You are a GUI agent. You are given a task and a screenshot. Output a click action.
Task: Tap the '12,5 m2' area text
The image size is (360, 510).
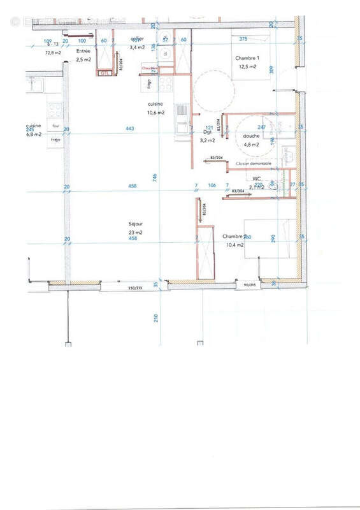[x=247, y=66]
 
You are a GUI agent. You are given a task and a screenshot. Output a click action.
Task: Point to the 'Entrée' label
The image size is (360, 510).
[x=83, y=51]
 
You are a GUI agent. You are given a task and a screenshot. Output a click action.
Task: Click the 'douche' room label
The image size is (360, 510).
[x=251, y=135]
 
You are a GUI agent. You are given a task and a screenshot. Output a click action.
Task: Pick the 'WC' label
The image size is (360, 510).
[x=257, y=179]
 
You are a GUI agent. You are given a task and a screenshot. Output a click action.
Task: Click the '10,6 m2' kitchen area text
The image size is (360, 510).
[x=155, y=112]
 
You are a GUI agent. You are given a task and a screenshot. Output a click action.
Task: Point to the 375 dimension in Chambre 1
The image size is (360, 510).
[x=243, y=39]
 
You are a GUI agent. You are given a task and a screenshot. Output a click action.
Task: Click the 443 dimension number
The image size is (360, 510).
[x=130, y=129]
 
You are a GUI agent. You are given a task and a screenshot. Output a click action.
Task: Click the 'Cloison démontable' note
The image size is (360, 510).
[x=253, y=164]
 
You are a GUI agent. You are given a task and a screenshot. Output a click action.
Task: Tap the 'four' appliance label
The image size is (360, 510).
[x=55, y=126]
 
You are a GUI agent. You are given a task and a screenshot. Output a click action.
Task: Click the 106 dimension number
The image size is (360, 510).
[x=212, y=186]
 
